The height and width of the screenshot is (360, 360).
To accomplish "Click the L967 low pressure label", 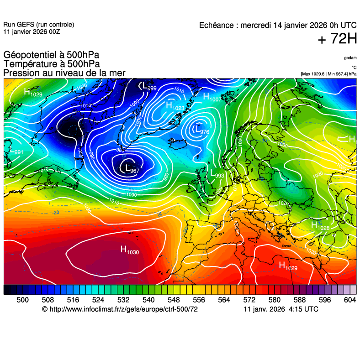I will [x=132, y=169].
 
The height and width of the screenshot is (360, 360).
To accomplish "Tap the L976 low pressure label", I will [x=201, y=131].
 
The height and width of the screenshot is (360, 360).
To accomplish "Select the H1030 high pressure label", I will [x=129, y=250].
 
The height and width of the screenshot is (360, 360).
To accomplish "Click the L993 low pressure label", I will [x=217, y=174].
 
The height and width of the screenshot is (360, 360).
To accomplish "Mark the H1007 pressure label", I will [x=212, y=98].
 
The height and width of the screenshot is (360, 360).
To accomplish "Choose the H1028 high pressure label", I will [x=320, y=226].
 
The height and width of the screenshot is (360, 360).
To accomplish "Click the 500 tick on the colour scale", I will [x=22, y=300].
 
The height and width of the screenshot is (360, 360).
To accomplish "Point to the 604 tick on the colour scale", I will [x=349, y=300].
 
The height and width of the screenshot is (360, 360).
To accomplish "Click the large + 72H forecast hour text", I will [x=337, y=40].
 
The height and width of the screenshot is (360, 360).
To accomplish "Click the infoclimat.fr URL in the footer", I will [x=120, y=309].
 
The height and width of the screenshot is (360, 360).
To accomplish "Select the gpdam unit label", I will [x=350, y=58].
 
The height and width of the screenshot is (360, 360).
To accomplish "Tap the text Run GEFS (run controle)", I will [x=38, y=25].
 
